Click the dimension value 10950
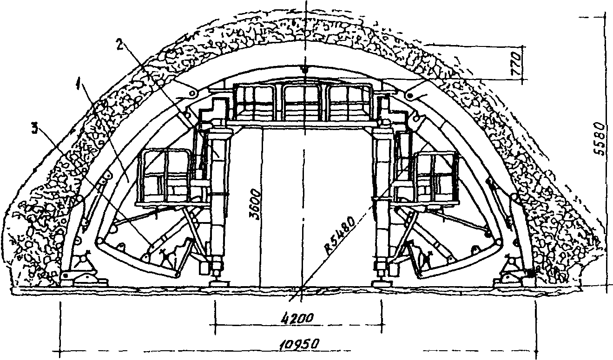point(299,344)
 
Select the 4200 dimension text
point(297,318)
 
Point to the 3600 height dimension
point(254,203)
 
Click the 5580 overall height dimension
point(600,139)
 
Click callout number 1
point(79,82)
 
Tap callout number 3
point(35,129)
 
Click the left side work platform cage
point(165,177)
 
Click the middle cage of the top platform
point(304,103)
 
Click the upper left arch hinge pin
point(192,94)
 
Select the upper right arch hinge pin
point(410,96)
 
